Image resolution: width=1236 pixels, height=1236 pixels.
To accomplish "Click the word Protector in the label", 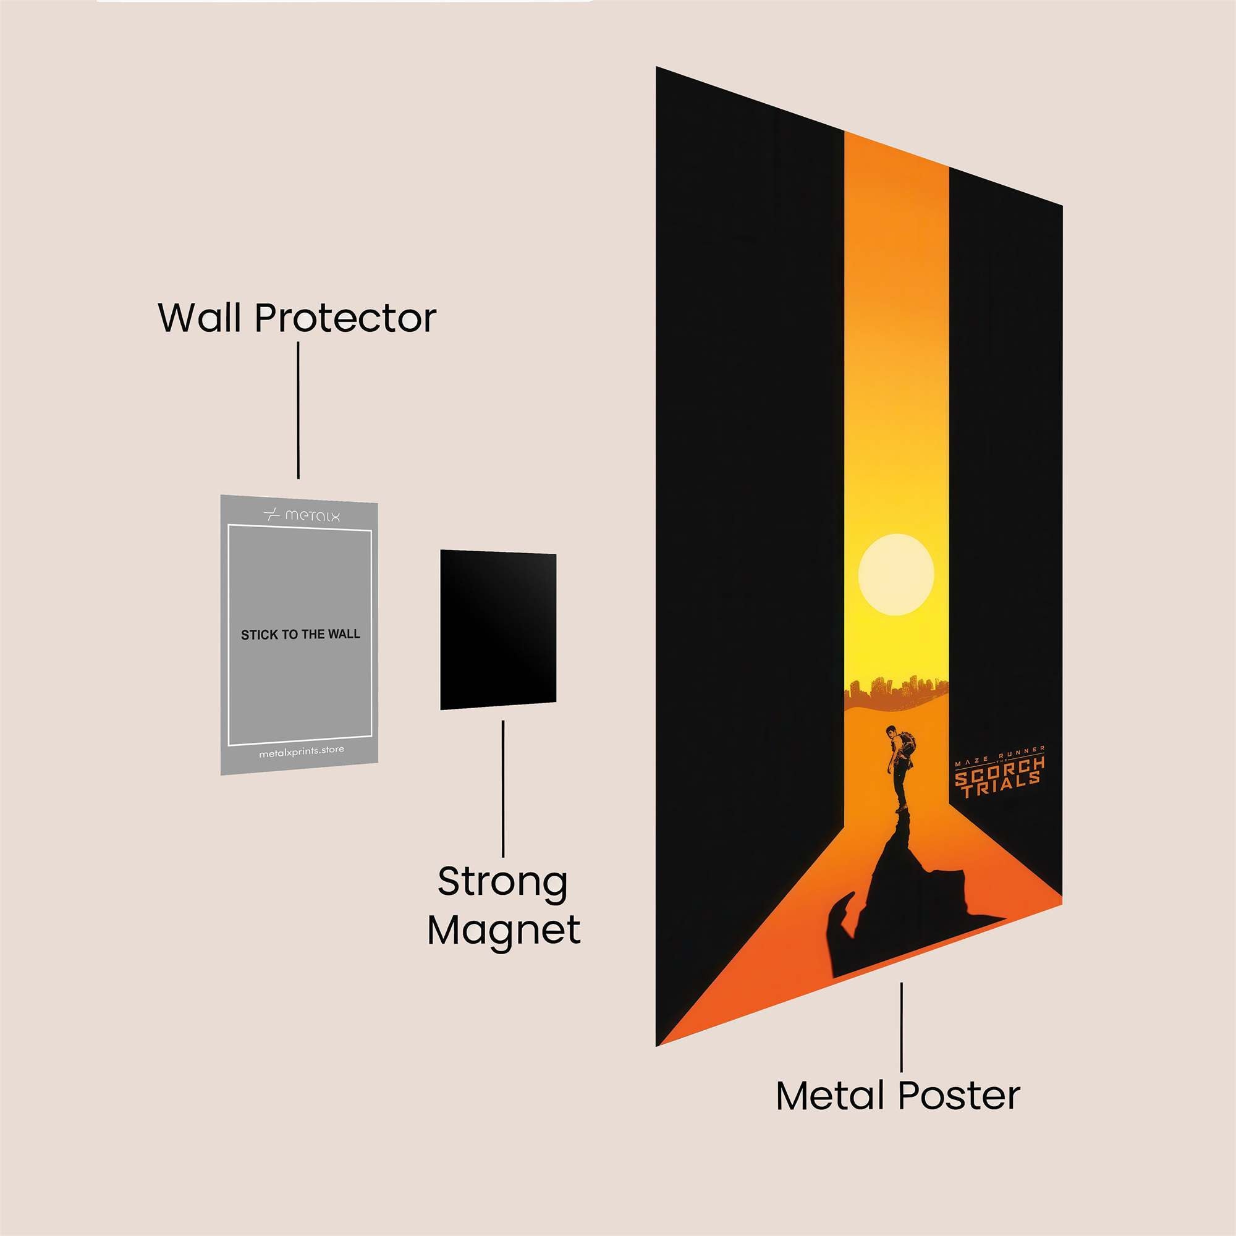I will (x=345, y=318).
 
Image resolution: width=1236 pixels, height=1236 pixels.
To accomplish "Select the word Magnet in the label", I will (x=504, y=931).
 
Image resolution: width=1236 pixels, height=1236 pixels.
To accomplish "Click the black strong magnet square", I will (x=497, y=630).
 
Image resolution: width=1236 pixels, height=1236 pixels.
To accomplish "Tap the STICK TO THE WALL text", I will (x=300, y=635).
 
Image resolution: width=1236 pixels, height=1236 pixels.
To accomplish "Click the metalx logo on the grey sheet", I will (x=302, y=515).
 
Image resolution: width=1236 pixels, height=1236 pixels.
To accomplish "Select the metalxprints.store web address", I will (x=302, y=751).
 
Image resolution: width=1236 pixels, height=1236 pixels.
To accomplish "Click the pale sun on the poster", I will (x=895, y=575).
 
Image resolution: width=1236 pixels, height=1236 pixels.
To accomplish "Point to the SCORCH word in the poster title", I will (x=1000, y=766).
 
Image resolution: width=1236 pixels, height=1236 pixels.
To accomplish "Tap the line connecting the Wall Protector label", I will (x=298, y=410).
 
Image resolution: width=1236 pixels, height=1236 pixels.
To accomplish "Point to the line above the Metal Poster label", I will (x=902, y=1026).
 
